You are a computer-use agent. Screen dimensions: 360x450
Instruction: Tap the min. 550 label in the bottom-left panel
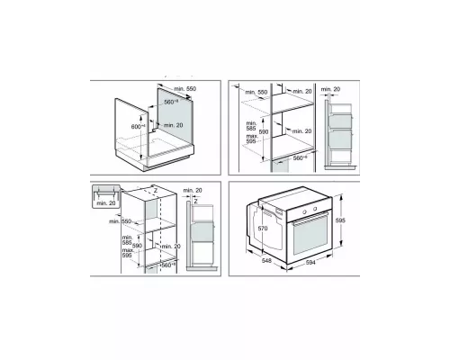tap(118, 220)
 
